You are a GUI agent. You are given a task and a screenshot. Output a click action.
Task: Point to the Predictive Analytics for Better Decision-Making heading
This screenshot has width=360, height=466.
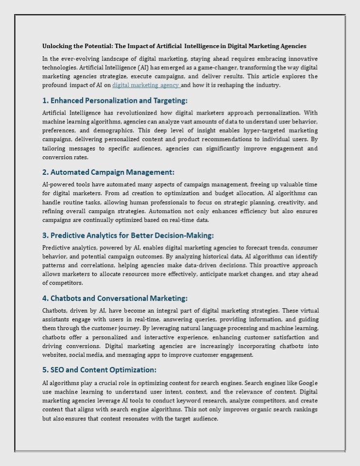click(128, 235)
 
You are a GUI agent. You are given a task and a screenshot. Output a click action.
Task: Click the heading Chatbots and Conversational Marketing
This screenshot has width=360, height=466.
click(115, 298)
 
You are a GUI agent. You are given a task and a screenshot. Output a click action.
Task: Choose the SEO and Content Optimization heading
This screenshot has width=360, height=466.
click(99, 370)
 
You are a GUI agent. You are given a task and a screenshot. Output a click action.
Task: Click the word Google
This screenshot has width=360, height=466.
click(308, 383)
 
